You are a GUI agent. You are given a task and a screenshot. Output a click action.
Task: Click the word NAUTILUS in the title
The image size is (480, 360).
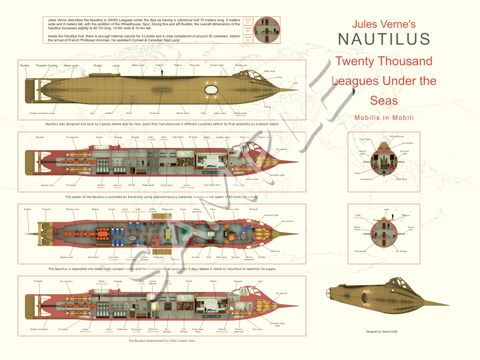click(384, 39)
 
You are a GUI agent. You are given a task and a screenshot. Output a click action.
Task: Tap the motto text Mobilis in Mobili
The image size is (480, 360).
click(384, 118)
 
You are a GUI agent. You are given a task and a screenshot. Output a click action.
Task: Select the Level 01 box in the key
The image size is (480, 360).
click(248, 21)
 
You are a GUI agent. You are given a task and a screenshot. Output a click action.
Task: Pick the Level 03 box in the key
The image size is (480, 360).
click(248, 39)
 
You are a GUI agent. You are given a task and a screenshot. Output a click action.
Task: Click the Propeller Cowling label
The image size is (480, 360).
click(47, 65)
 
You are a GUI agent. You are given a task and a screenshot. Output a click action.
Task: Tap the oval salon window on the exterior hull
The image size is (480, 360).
click(211, 90)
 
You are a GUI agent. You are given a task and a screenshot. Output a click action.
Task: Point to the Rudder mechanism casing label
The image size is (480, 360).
click(42, 113)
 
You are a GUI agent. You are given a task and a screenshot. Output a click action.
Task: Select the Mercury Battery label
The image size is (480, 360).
click(117, 186)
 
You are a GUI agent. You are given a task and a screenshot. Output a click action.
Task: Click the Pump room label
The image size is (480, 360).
click(240, 185)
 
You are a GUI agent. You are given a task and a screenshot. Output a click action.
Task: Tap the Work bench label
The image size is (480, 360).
click(94, 257)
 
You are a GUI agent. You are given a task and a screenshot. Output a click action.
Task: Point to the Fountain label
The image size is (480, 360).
click(196, 257)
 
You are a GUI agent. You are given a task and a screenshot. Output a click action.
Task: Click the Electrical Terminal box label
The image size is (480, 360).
click(153, 330)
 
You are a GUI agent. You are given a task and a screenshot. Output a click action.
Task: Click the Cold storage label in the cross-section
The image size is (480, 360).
click(360, 251)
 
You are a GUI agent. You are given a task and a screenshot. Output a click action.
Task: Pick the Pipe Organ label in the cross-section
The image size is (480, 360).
click(366, 139)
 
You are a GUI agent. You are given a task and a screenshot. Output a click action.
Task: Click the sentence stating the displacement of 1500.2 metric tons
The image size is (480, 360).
click(162, 340)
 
